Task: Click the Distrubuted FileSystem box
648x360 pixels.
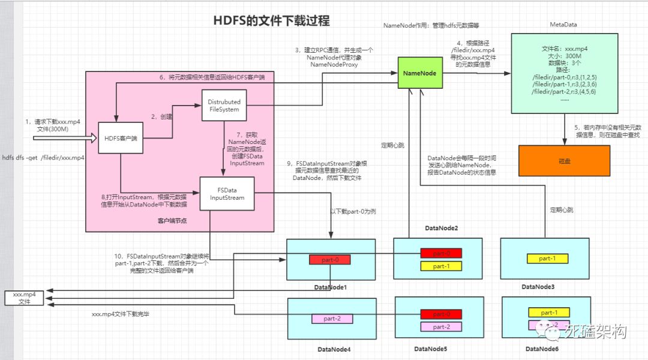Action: click(224, 106)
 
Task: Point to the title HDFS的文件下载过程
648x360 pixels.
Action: click(272, 20)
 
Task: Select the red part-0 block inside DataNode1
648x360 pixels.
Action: click(329, 260)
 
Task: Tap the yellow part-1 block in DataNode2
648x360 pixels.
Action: click(441, 266)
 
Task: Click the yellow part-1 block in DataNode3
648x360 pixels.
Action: click(547, 259)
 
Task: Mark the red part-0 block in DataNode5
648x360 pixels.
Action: click(441, 314)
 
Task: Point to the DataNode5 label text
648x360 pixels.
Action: click(430, 349)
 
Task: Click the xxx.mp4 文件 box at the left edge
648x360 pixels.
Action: click(24, 298)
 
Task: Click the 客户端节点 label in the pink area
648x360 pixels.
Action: click(172, 221)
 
